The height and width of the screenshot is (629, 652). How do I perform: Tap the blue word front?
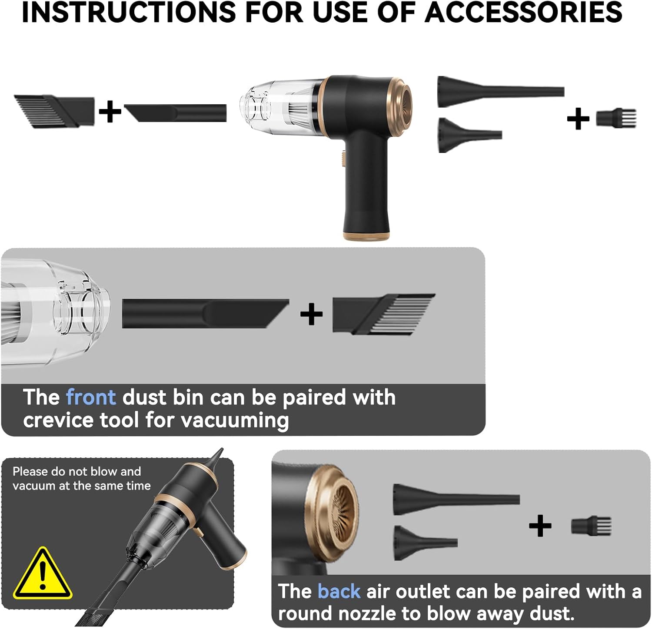(91, 397)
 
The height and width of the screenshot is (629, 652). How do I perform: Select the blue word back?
(339, 591)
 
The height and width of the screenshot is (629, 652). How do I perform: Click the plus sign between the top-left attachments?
(110, 112)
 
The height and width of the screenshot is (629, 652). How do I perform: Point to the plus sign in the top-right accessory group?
(578, 119)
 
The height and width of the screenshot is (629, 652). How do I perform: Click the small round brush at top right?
(616, 118)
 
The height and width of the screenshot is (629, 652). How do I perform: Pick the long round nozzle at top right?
(500, 92)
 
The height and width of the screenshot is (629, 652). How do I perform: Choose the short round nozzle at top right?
(470, 135)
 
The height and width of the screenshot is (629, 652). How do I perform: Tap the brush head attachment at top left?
(54, 111)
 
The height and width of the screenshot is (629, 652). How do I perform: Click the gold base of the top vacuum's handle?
(366, 236)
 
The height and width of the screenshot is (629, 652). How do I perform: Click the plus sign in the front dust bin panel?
(311, 314)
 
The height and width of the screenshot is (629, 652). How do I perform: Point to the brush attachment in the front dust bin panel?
(383, 314)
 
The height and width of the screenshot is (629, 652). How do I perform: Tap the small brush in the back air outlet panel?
(591, 526)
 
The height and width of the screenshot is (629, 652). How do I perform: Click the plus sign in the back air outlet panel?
(540, 526)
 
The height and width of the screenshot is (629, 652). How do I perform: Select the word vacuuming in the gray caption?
(235, 420)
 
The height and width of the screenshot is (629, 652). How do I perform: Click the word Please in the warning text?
(30, 471)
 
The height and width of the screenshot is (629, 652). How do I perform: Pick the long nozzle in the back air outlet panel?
(456, 500)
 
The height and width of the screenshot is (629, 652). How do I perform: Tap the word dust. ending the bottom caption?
(552, 613)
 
